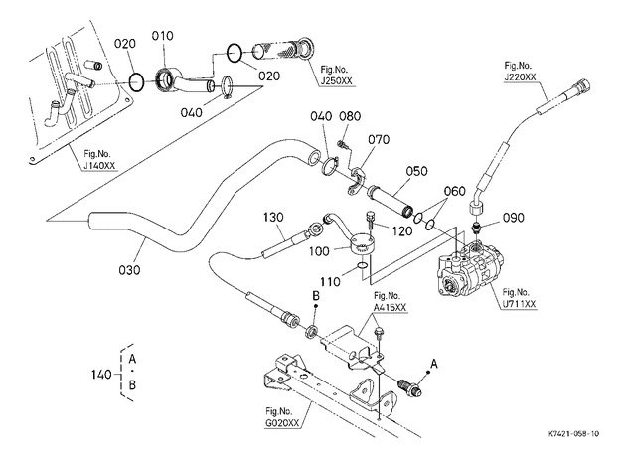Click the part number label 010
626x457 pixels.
[x=163, y=36]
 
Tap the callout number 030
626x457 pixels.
[x=130, y=270]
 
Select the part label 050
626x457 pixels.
[x=416, y=171]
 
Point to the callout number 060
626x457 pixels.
[x=455, y=191]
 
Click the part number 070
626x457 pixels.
[x=379, y=140]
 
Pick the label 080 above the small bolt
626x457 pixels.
[x=350, y=116]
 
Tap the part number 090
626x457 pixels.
[x=513, y=218]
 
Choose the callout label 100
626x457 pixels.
[x=319, y=251]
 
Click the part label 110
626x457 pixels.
[x=330, y=282]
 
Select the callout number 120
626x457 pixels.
[x=401, y=231]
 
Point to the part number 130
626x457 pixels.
[x=273, y=218]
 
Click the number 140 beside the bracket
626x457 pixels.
[x=101, y=375]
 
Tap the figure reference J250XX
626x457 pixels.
[x=337, y=80]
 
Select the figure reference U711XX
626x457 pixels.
[x=519, y=304]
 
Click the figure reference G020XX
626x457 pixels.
[x=282, y=423]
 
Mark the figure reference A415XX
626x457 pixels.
[x=391, y=307]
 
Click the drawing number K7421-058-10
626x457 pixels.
[x=573, y=433]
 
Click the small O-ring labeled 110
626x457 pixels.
[x=362, y=266]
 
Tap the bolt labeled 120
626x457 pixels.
[x=370, y=220]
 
